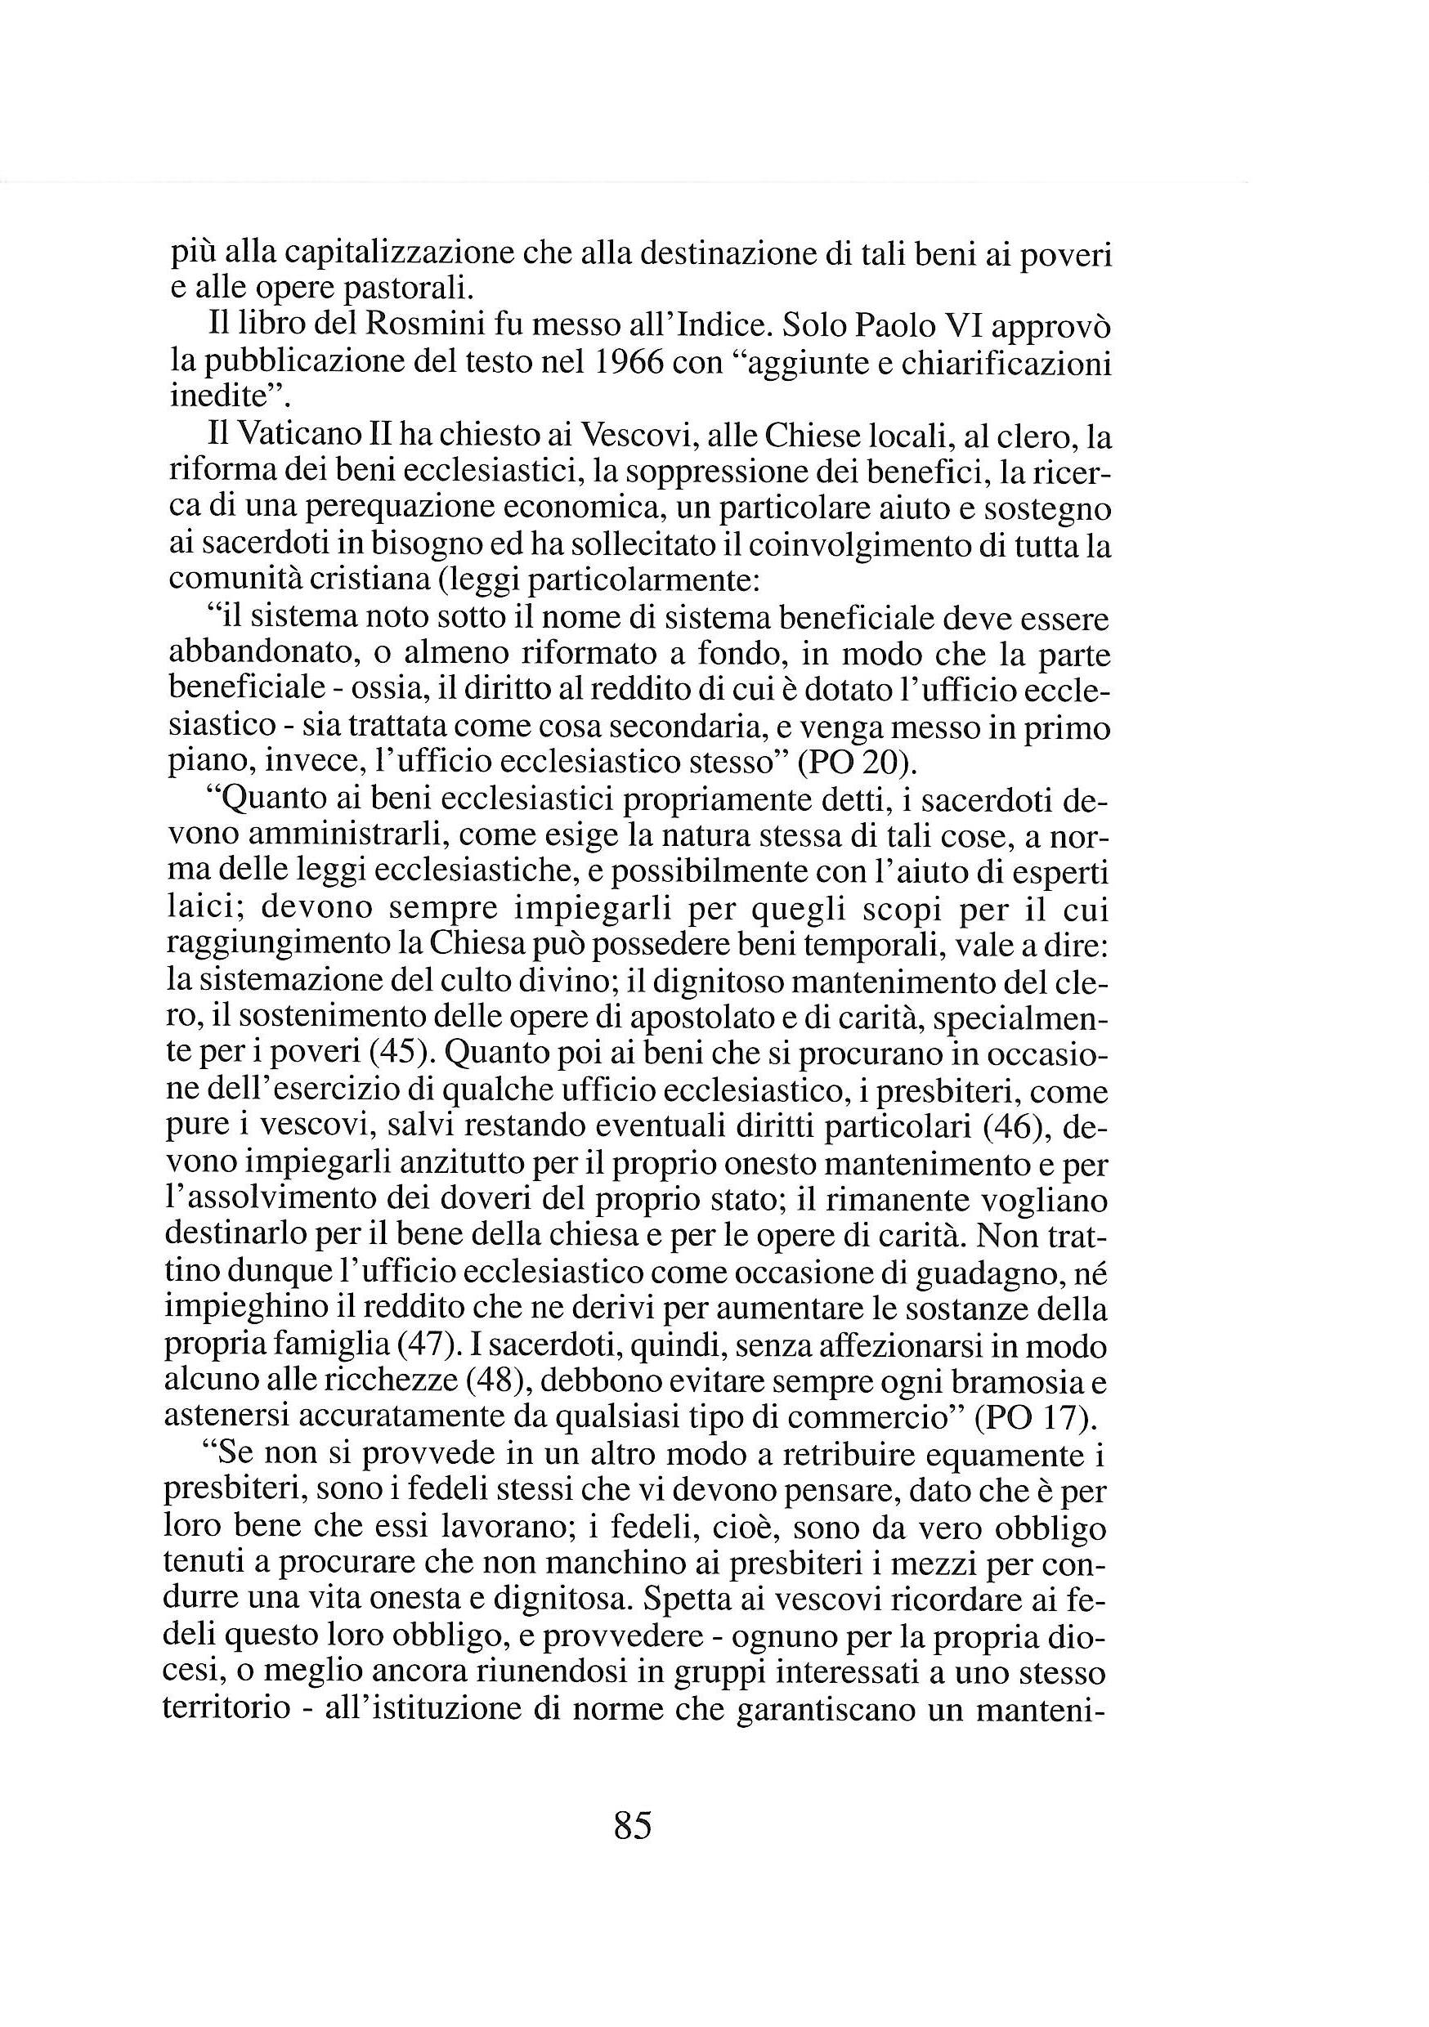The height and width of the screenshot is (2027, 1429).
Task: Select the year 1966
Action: [x=629, y=363]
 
